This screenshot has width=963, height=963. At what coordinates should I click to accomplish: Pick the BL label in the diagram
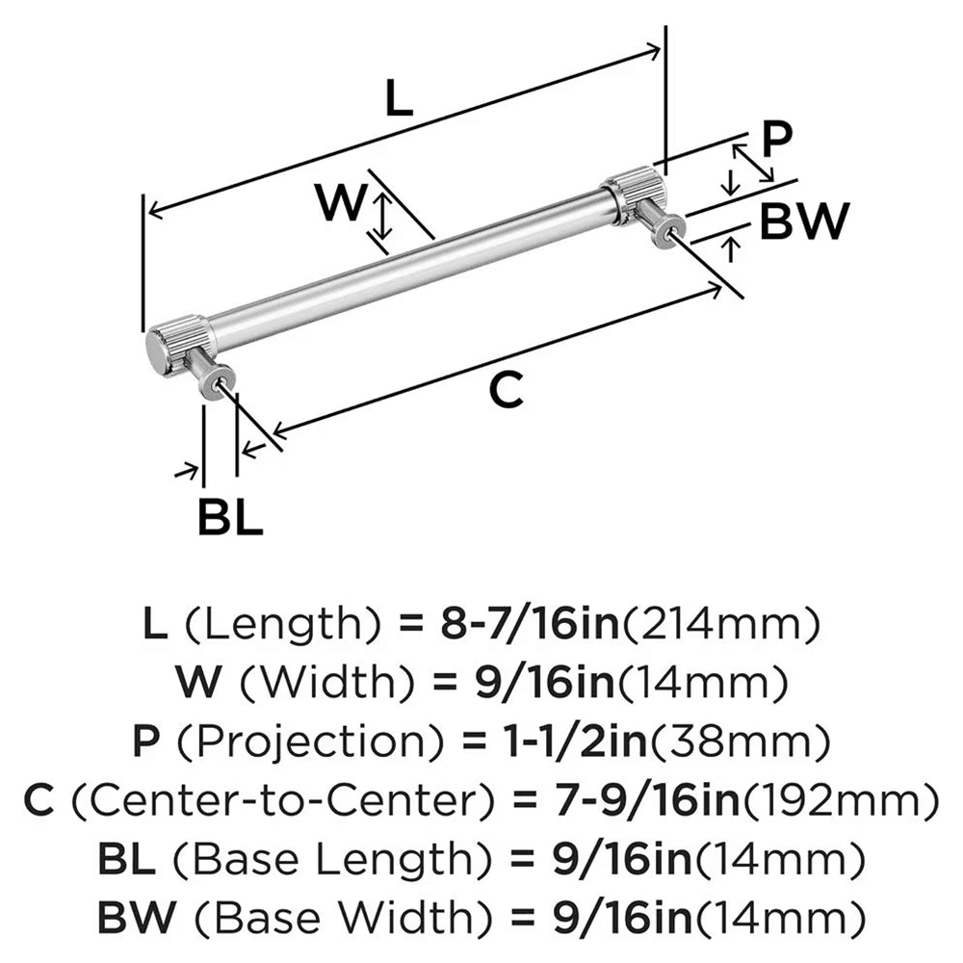tap(230, 519)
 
